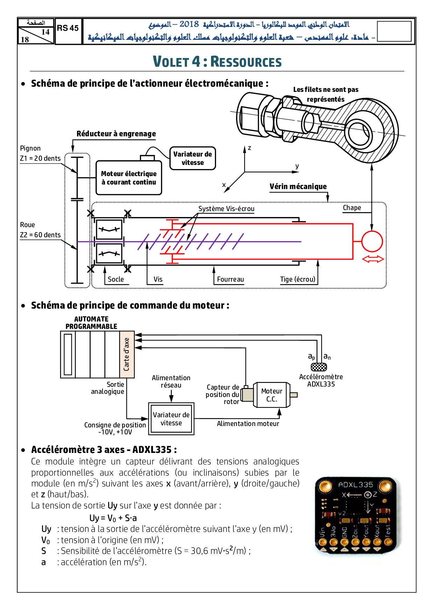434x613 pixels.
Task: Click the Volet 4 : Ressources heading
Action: coord(217,62)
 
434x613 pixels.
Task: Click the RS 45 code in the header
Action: coord(68,28)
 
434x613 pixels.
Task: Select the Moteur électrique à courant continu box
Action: coord(129,178)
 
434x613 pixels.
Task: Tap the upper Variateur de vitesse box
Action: coord(192,158)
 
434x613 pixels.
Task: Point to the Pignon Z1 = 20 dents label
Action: coord(40,153)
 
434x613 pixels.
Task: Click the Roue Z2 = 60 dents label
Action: coord(40,230)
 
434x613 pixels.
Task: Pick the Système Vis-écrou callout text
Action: coord(226,209)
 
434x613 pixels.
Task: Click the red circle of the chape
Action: coord(372,241)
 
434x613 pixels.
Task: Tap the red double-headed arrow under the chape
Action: coord(373,259)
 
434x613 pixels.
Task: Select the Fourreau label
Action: coord(230,279)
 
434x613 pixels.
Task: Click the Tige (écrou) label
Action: coord(297,279)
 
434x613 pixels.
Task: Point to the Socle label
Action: coord(116,279)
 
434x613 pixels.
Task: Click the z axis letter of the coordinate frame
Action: coord(250,148)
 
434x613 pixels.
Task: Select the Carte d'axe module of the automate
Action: coord(127,354)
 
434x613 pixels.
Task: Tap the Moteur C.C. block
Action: coord(272,395)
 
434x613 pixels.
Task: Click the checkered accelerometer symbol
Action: coord(319,367)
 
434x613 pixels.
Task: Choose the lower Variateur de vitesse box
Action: coord(171,419)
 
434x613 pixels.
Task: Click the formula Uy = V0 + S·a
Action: coord(113,518)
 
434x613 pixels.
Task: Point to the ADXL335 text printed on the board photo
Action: coord(355,485)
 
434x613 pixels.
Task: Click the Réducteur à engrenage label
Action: coord(116,134)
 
